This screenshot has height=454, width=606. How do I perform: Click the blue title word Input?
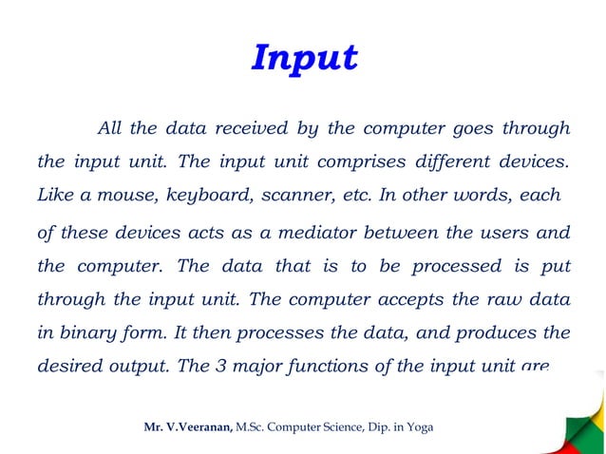pos(304,58)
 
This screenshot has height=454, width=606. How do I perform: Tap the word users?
pos(501,233)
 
